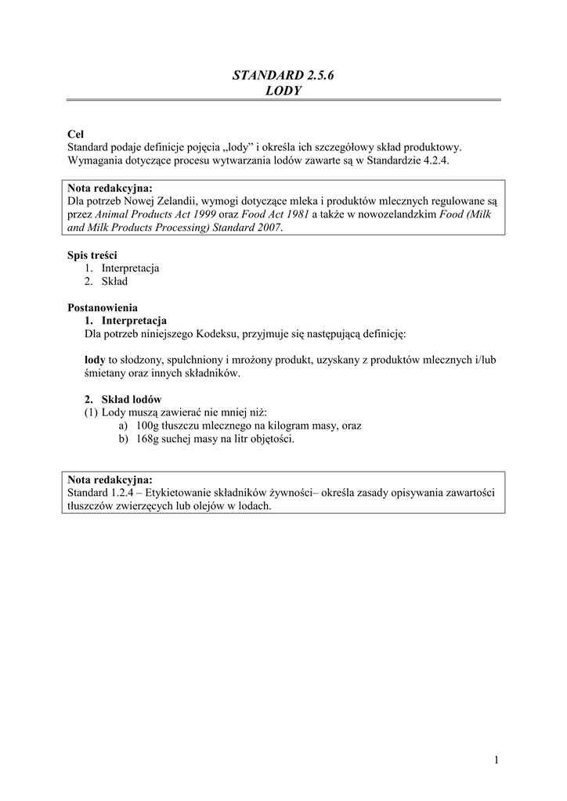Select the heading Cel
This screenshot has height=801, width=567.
click(x=76, y=134)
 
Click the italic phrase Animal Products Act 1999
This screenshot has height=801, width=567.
click(x=147, y=214)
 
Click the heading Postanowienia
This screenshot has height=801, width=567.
click(x=103, y=307)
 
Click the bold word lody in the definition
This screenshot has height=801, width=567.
click(x=95, y=360)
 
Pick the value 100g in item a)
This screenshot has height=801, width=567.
click(x=147, y=426)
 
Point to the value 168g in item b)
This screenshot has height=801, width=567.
click(x=147, y=439)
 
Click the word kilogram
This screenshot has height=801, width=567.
click(x=288, y=426)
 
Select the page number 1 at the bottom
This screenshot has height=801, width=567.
click(x=497, y=760)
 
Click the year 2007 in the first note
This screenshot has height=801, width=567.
click(x=266, y=228)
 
